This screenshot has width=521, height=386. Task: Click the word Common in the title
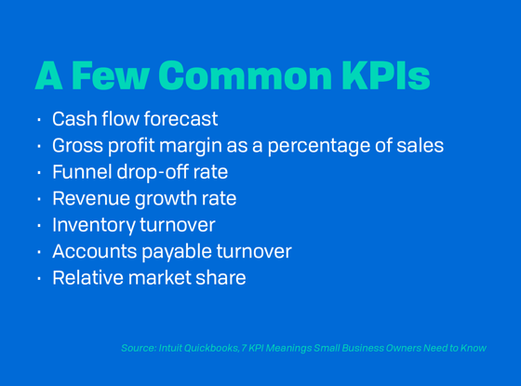(246, 75)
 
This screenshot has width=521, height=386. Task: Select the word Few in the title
(111, 75)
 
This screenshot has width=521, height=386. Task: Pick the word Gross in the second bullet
(78, 145)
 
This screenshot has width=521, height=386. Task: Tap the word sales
(421, 145)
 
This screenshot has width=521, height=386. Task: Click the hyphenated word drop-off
(153, 172)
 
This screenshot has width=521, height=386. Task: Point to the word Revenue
(91, 198)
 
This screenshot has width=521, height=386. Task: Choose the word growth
(167, 199)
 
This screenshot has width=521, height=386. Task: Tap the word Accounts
(95, 251)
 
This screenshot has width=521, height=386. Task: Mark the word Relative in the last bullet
(88, 278)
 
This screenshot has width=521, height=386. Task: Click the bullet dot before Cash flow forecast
(39, 119)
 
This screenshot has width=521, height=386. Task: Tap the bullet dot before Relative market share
(39, 278)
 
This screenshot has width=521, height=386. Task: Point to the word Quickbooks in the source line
(211, 348)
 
